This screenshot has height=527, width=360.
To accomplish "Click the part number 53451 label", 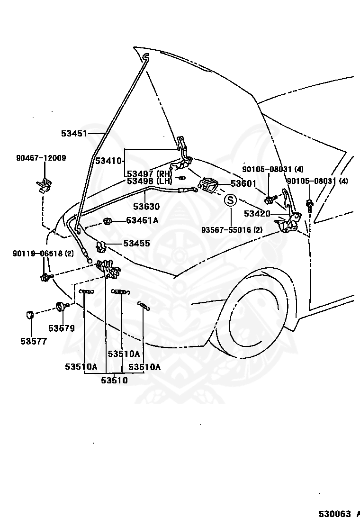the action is (74, 134).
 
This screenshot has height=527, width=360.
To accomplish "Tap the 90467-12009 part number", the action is (41, 158).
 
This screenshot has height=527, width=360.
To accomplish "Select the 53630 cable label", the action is (146, 206).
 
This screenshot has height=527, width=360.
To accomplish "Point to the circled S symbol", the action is (230, 200).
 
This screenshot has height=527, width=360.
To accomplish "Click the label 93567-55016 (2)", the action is (232, 230).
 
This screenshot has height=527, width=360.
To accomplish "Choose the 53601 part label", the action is (243, 183).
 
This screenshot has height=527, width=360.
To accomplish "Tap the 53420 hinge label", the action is (257, 213).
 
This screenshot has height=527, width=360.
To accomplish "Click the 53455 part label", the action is (137, 243).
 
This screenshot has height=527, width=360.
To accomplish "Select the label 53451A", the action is (142, 220).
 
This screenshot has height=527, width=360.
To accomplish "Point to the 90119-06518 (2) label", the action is (43, 254).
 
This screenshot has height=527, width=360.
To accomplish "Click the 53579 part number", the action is (62, 328).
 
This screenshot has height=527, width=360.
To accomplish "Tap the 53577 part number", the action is (34, 341).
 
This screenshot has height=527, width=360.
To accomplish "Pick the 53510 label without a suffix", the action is (114, 381).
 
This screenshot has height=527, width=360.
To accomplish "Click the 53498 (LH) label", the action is (149, 181).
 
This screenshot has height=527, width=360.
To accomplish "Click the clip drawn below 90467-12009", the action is (44, 186).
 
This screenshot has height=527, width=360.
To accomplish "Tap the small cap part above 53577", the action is (29, 315).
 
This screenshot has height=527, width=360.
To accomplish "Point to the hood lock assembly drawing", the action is (108, 269).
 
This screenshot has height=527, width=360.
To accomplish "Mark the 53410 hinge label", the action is (108, 161).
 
